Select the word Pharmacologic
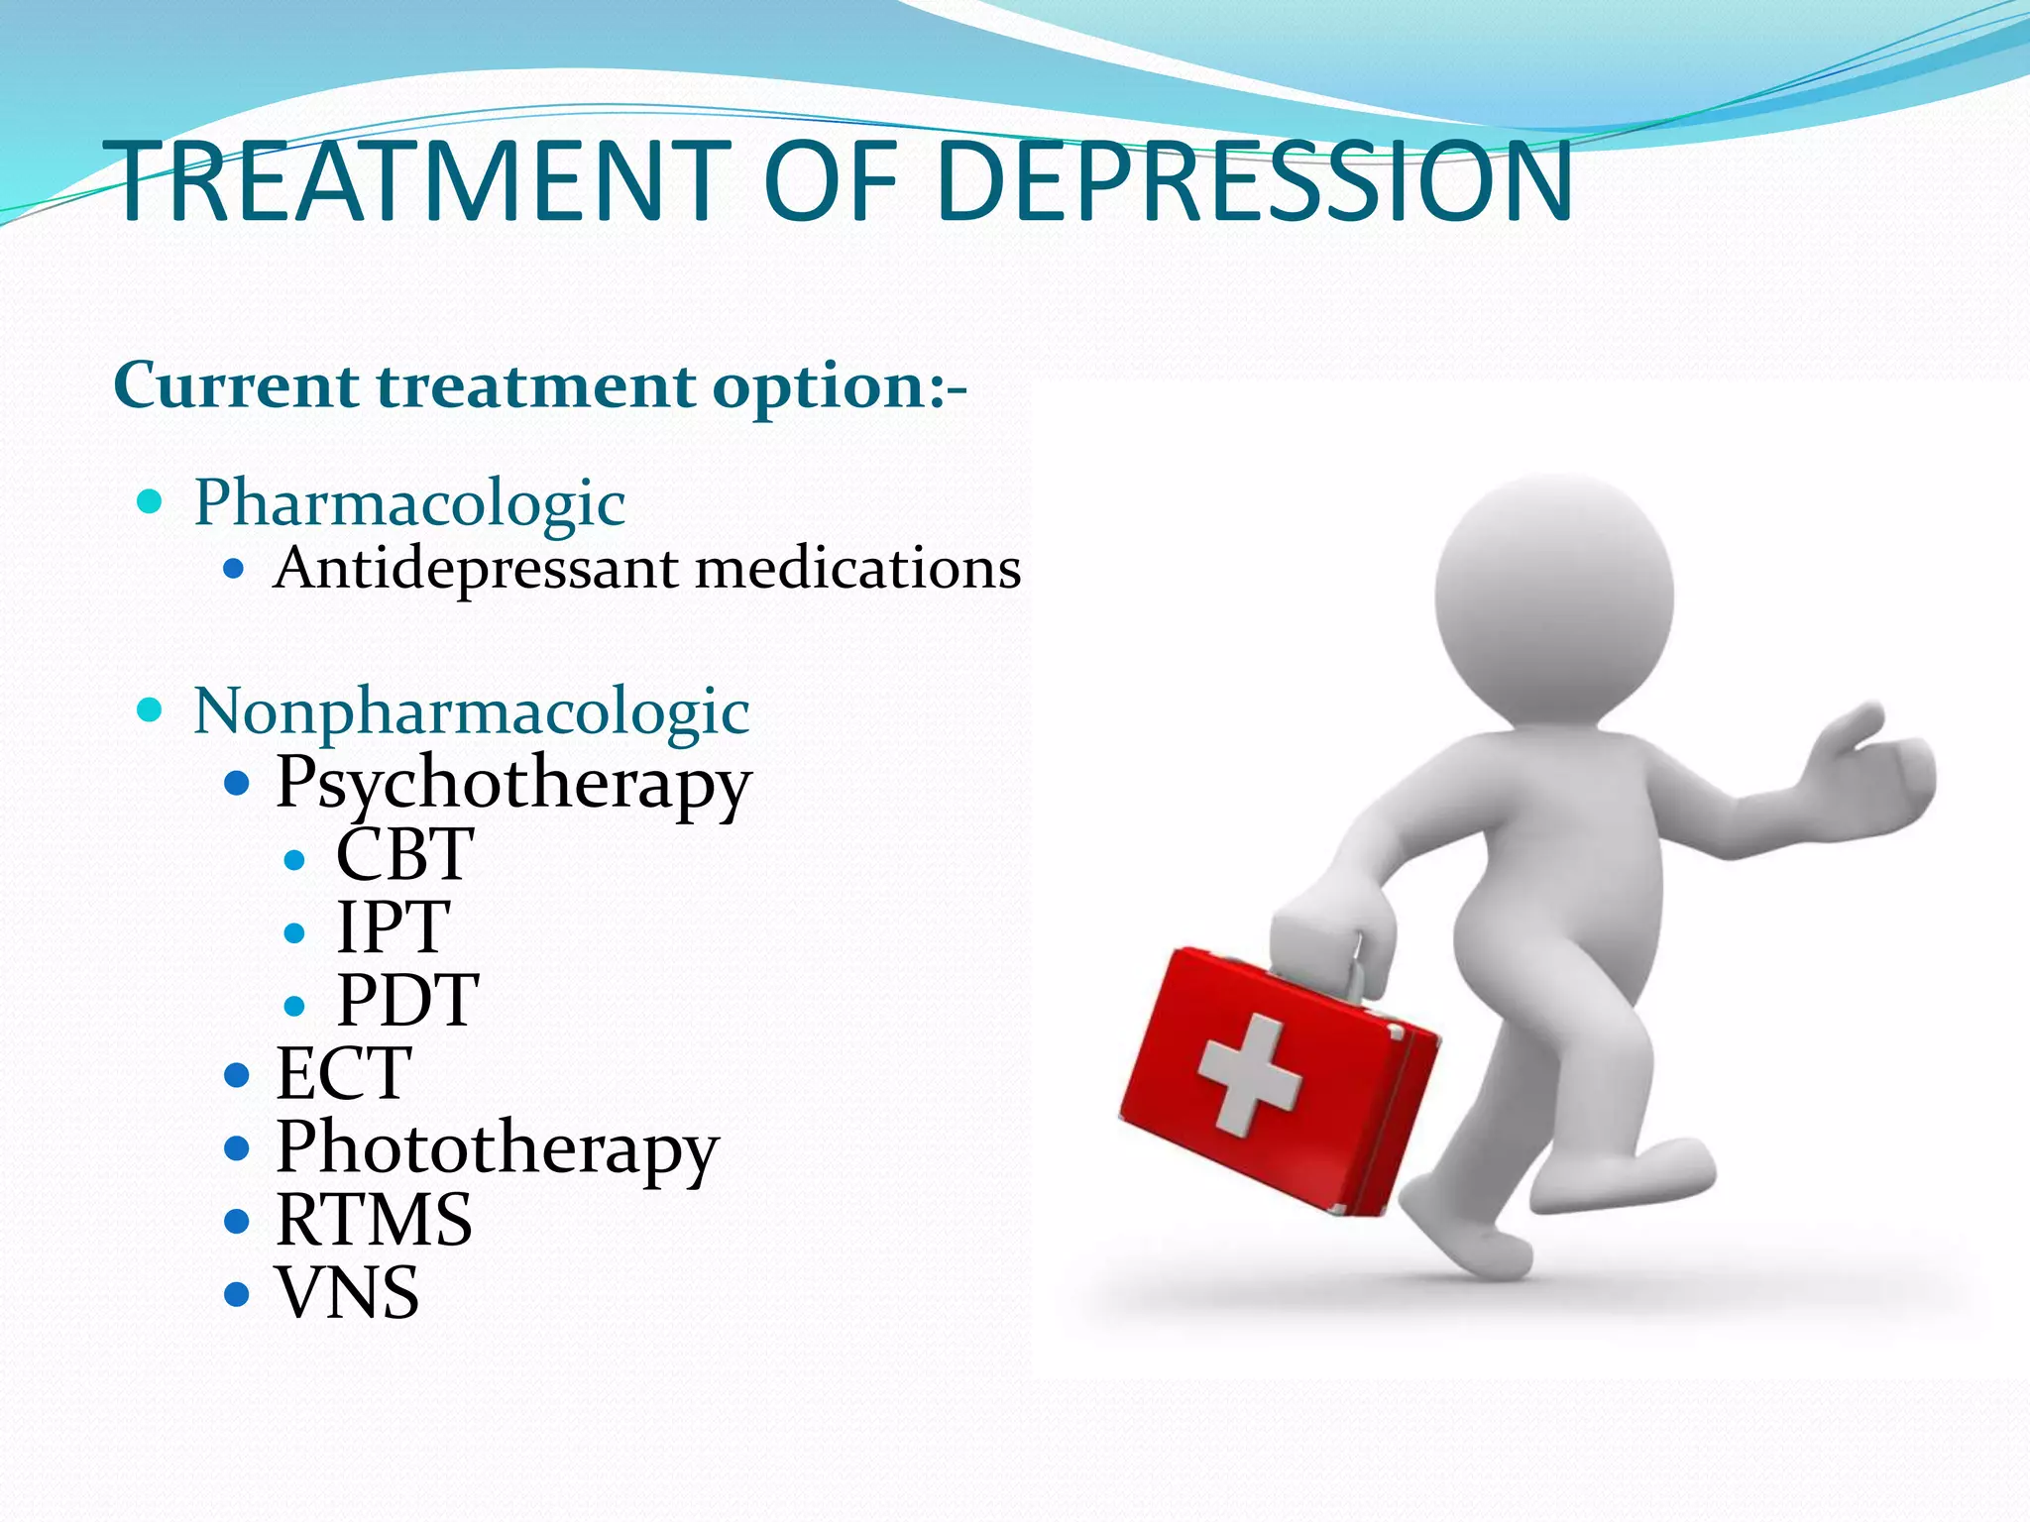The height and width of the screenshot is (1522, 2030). [409, 502]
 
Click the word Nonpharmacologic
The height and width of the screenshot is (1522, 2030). [472, 711]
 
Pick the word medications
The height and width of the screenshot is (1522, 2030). [858, 569]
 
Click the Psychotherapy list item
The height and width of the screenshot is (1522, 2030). [513, 784]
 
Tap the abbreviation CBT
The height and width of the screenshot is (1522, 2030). [404, 854]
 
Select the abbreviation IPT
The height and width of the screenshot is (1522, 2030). [393, 927]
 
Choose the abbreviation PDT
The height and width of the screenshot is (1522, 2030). [407, 1001]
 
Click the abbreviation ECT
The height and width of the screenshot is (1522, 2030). [343, 1073]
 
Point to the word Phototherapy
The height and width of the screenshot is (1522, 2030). [497, 1148]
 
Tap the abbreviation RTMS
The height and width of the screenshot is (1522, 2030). [374, 1220]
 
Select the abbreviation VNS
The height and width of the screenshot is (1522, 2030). [347, 1293]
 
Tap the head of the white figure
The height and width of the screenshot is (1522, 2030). [1553, 593]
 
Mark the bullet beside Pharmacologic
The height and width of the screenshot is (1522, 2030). [149, 501]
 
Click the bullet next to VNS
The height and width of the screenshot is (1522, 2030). [236, 1294]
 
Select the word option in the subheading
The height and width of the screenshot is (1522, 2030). [819, 386]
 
